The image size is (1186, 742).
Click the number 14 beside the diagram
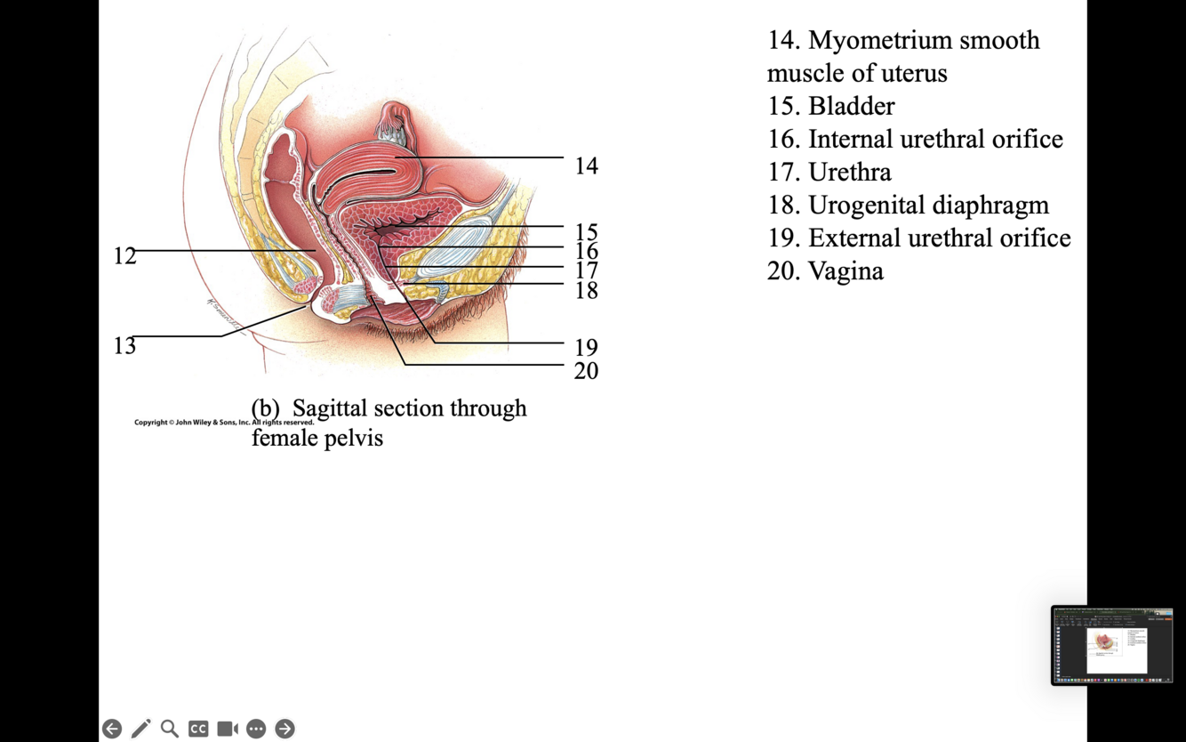pyautogui.click(x=586, y=165)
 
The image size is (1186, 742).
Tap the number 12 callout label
pyautogui.click(x=124, y=256)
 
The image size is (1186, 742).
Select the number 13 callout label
pyautogui.click(x=124, y=346)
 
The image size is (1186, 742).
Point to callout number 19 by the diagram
pyautogui.click(x=586, y=348)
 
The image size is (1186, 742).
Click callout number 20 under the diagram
pyautogui.click(x=586, y=371)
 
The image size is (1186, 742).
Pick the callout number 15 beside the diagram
pyautogui.click(x=586, y=233)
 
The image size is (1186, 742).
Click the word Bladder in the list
pyautogui.click(x=851, y=106)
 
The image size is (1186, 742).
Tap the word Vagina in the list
pyautogui.click(x=845, y=270)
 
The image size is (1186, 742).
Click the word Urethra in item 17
pyautogui.click(x=849, y=172)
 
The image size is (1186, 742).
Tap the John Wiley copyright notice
pyautogui.click(x=224, y=423)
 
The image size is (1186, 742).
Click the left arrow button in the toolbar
pyautogui.click(x=112, y=729)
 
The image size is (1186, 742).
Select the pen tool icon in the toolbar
pyautogui.click(x=140, y=729)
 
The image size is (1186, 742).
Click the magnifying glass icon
pyautogui.click(x=170, y=729)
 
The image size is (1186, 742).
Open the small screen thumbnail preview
pyautogui.click(x=1112, y=646)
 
